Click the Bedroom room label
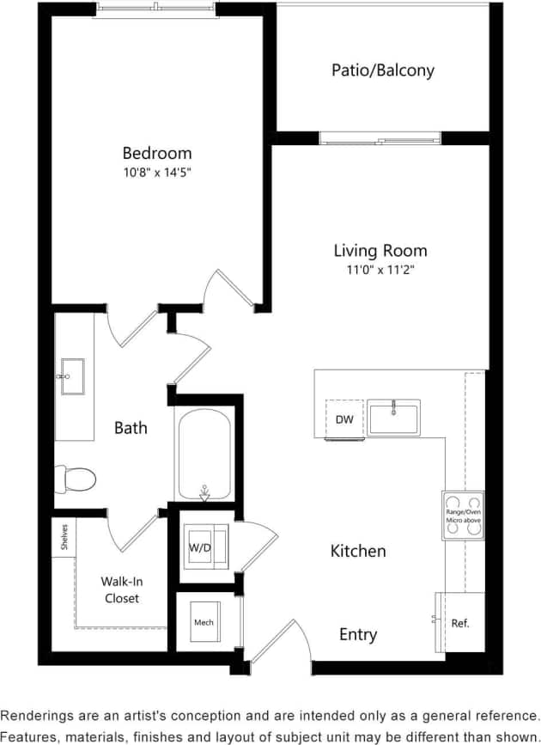(157, 153)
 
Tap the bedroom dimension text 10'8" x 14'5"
(157, 172)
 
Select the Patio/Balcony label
(382, 70)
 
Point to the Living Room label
(380, 251)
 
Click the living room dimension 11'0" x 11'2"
(380, 269)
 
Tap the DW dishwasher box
(343, 419)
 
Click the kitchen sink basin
(393, 418)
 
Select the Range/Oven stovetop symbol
(463, 516)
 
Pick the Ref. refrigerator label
(461, 623)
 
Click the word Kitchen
(358, 551)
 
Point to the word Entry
(358, 634)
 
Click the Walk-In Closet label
(121, 589)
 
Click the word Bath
(131, 427)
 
